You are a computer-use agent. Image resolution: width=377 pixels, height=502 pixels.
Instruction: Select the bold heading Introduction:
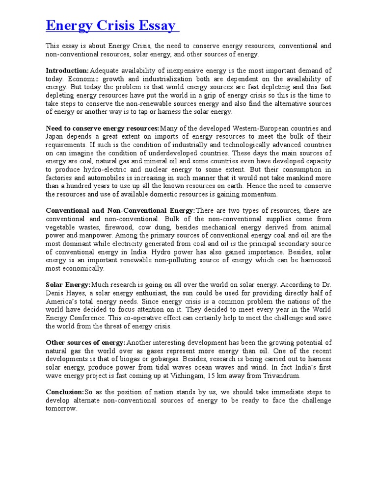click(x=68, y=71)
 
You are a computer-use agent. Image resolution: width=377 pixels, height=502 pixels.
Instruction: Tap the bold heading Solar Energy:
click(x=68, y=285)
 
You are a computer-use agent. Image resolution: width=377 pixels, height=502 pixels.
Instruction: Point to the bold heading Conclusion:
click(x=65, y=392)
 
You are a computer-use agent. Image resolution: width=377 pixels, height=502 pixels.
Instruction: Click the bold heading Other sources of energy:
click(x=86, y=343)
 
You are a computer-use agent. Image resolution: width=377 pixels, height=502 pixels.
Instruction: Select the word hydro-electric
click(x=101, y=170)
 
